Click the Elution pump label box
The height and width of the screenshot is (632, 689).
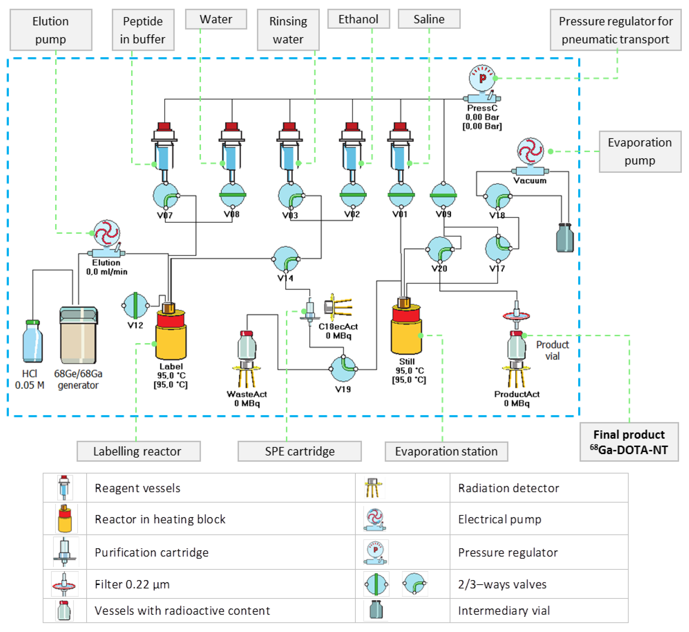[x=51, y=30]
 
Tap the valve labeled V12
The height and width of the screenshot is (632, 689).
[x=135, y=305]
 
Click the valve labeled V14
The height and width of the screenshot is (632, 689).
[x=286, y=259]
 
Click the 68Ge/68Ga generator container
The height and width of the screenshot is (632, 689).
[x=78, y=335]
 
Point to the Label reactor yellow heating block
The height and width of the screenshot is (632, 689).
[x=171, y=342]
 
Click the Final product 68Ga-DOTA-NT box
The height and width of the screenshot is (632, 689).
[x=629, y=442]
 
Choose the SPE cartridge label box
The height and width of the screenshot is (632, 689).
[x=299, y=451]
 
